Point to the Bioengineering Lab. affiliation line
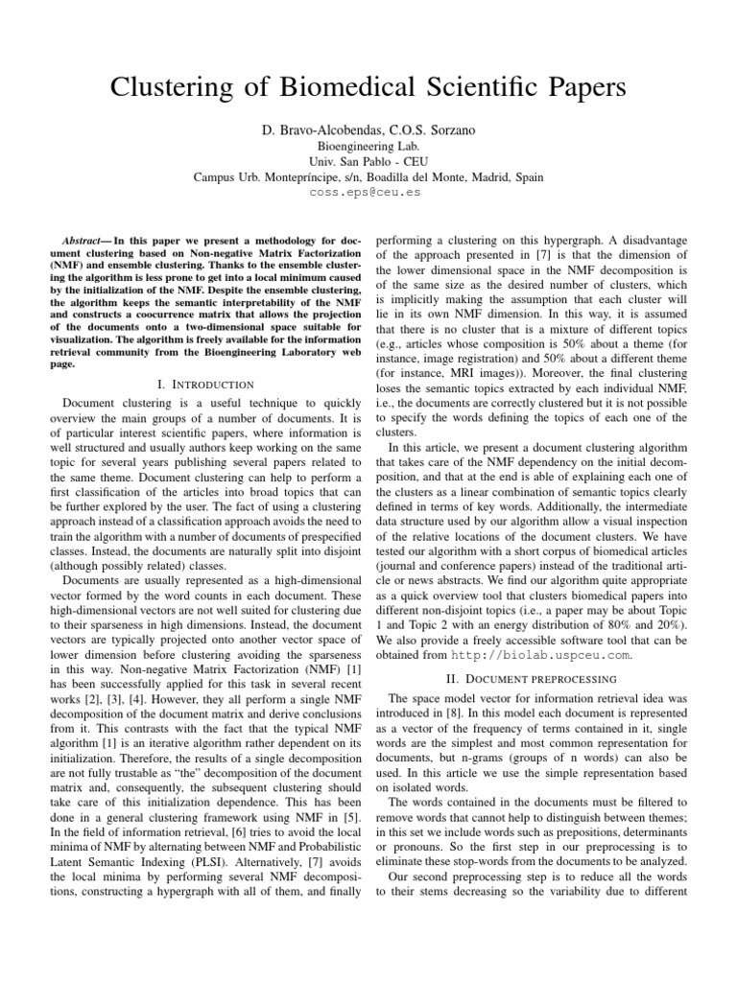[368, 146]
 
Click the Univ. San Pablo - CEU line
[368, 161]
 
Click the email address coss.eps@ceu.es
[368, 192]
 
